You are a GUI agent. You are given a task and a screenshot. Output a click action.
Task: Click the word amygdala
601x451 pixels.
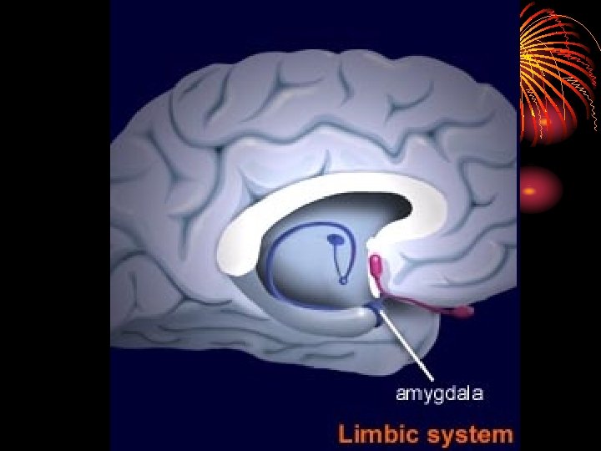point(439,393)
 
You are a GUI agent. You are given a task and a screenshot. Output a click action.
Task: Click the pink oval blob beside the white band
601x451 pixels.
point(376,266)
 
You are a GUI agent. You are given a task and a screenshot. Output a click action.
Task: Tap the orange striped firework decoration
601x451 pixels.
point(555,67)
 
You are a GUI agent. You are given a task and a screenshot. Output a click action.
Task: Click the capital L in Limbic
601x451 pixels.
point(344,434)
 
